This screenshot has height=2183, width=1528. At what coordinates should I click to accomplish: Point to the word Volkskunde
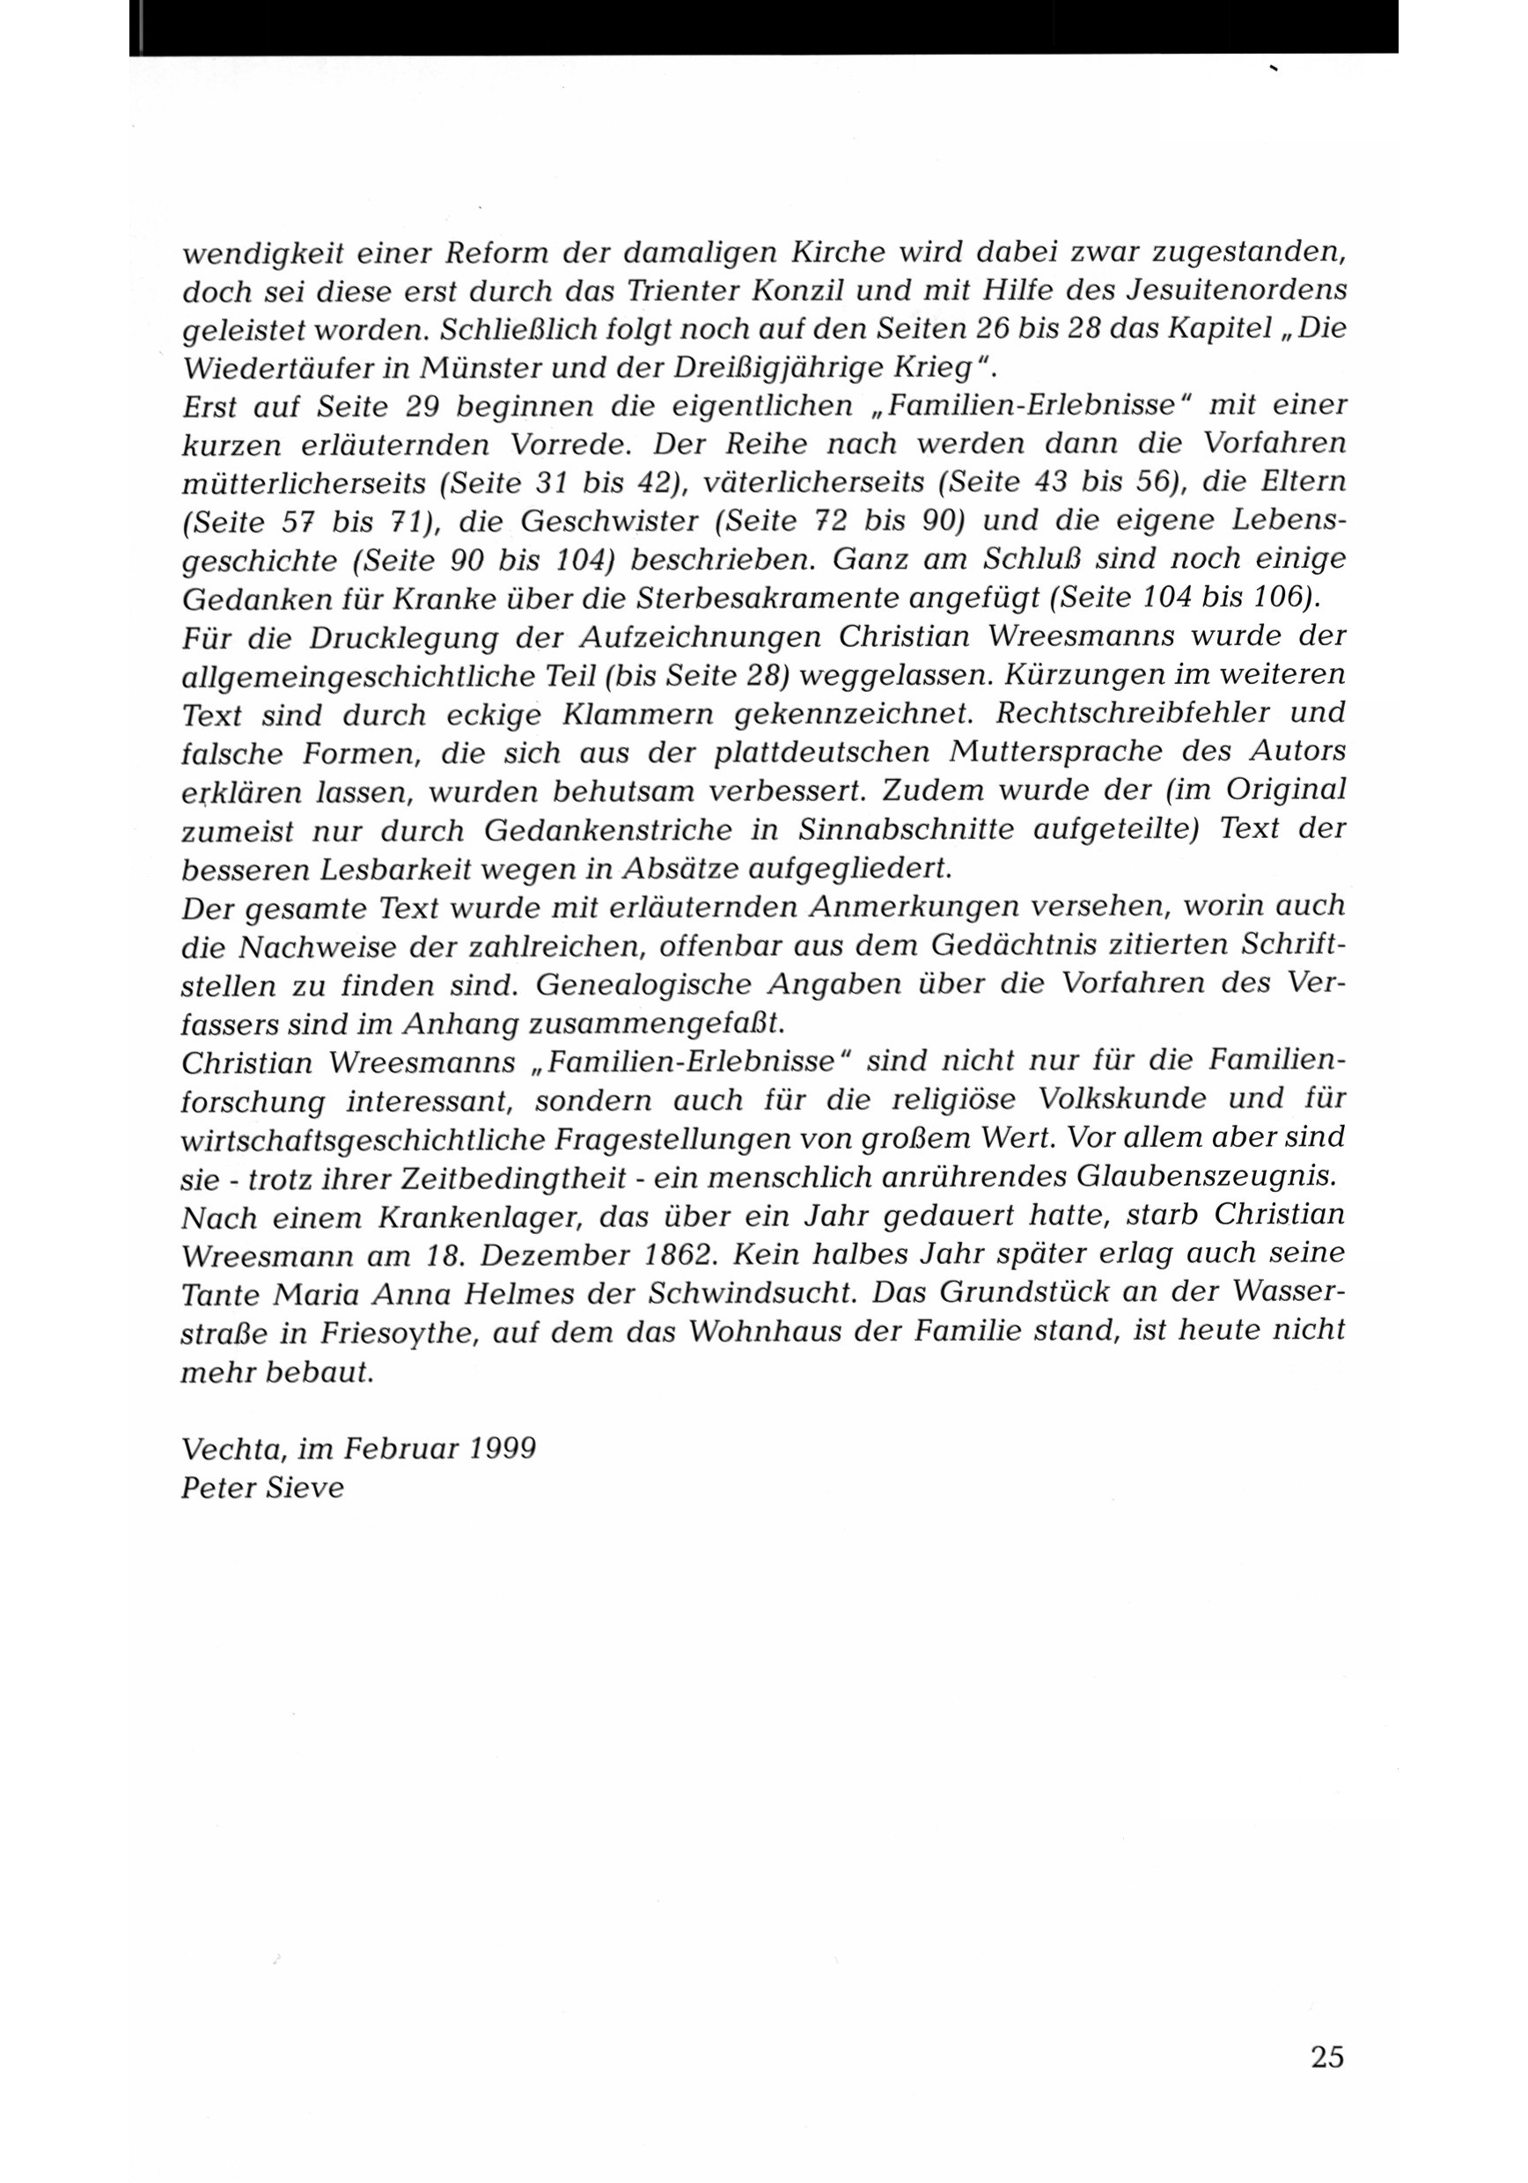tap(1122, 1100)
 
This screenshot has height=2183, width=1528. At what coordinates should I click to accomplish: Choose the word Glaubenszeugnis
tap(1206, 1177)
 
